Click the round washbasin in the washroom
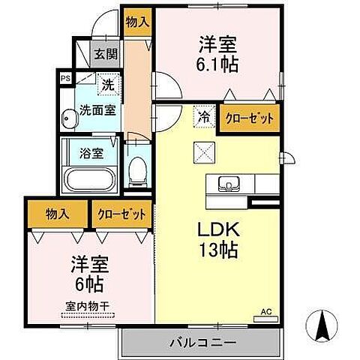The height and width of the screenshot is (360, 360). click(x=70, y=117)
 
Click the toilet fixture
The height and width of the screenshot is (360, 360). click(x=137, y=169)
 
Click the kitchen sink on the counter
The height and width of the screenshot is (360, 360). click(x=226, y=184)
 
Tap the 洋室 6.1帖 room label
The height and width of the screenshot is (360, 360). click(x=218, y=54)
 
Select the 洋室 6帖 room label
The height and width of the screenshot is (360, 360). click(x=88, y=274)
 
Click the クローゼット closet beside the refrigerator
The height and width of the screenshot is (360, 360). click(x=247, y=118)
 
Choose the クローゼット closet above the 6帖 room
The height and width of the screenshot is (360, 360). click(x=121, y=213)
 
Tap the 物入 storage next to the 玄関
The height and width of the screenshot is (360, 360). click(x=137, y=22)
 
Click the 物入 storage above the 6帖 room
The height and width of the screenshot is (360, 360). click(x=58, y=213)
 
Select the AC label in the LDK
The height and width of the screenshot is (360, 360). click(x=265, y=310)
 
